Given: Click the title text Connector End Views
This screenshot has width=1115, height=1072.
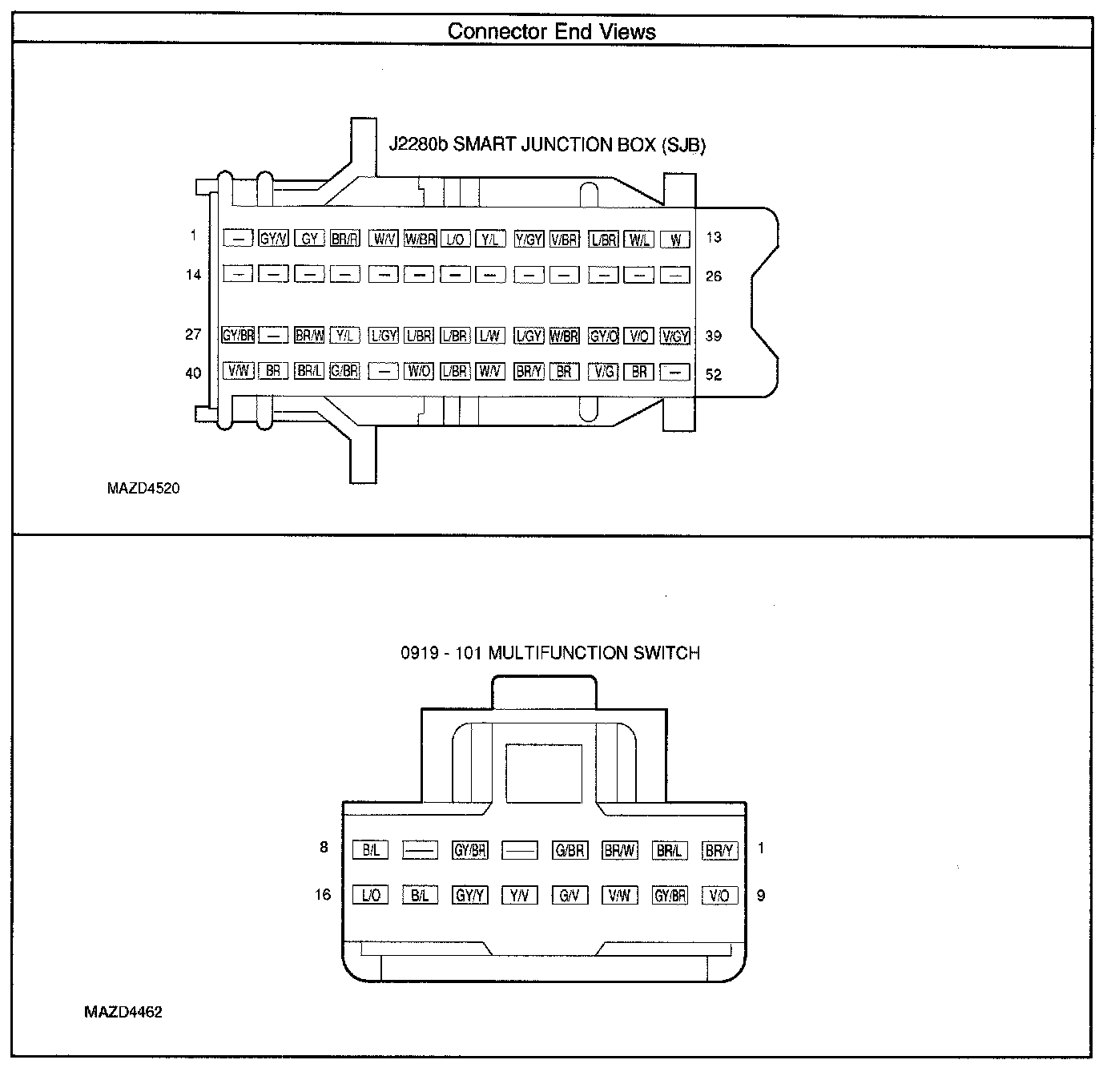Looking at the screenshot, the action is click(x=551, y=32).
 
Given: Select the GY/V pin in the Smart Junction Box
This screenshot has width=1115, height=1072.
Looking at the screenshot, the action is click(x=274, y=238).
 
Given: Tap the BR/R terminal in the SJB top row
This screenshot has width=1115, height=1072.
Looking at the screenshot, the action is click(x=344, y=238).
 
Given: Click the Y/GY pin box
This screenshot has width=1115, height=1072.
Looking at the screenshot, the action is click(x=529, y=238).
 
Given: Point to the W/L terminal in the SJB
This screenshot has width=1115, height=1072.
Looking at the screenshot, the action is click(x=639, y=238).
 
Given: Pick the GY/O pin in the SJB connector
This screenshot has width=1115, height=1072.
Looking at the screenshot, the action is click(x=603, y=337).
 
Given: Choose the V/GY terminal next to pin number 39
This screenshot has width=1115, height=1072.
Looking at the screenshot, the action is click(x=675, y=337).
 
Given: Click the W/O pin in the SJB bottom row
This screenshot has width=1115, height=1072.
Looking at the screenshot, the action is click(x=419, y=372).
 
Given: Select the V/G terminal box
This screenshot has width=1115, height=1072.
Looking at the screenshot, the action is click(x=603, y=372).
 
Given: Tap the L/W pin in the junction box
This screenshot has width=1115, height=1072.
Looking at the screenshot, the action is click(x=489, y=337).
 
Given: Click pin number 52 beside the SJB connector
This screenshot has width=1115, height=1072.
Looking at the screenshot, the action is click(x=713, y=374).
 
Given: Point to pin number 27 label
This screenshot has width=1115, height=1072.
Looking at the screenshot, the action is click(x=193, y=335).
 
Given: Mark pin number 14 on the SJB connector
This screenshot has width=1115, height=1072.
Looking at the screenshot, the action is click(x=193, y=275).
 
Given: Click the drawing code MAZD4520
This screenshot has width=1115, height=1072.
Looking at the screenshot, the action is click(x=143, y=488).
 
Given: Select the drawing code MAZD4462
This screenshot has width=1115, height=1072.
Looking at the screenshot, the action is click(x=123, y=1012).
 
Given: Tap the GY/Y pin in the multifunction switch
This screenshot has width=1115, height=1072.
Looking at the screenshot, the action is click(x=470, y=896).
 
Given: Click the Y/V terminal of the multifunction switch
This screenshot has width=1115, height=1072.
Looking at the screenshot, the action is click(x=519, y=896).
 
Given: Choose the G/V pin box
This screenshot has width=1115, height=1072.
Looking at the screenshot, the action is click(x=570, y=896).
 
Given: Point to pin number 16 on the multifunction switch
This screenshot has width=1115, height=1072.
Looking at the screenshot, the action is click(x=323, y=894).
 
